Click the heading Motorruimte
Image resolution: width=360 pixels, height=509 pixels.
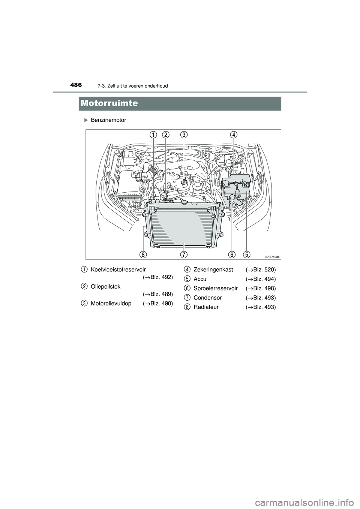tap(109, 103)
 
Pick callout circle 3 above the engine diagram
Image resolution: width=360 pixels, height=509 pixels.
tap(183, 135)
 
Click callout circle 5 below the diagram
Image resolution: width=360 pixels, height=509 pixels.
tap(246, 254)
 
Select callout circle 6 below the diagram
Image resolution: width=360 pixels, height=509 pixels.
tap(231, 254)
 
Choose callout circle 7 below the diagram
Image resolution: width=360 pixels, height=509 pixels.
tap(184, 254)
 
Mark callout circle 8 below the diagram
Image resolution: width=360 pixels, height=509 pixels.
tap(143, 254)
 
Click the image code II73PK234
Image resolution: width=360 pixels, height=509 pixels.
tap(272, 257)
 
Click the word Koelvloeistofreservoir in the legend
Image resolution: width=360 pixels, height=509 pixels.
tap(118, 269)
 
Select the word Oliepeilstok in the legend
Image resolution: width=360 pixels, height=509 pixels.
tap(105, 286)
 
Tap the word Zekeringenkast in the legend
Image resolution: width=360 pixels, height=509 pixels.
tap(213, 269)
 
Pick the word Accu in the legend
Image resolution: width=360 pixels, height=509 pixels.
tap(200, 279)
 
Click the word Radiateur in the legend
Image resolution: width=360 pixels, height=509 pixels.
tap(206, 307)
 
